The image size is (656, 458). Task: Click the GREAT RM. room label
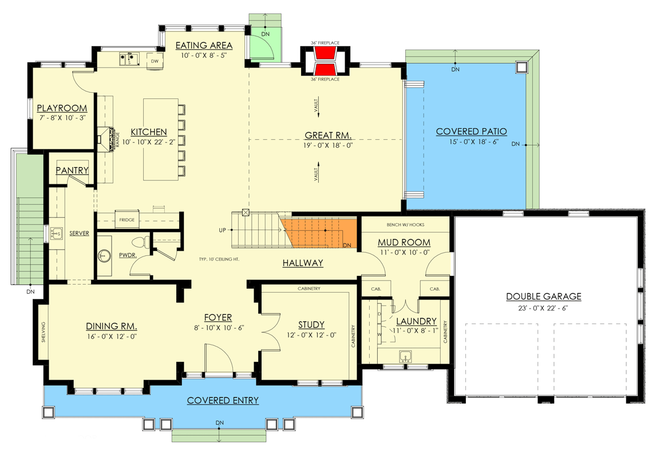click(327, 136)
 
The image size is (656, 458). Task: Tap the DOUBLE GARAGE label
click(543, 297)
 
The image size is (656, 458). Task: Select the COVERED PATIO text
click(471, 132)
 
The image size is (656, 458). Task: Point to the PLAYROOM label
click(62, 108)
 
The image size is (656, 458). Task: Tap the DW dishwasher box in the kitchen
click(154, 61)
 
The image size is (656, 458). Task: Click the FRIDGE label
click(127, 220)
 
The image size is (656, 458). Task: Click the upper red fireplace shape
click(325, 54)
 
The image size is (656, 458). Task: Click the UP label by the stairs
click(223, 230)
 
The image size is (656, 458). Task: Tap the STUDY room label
click(311, 325)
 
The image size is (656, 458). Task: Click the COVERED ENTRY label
click(223, 400)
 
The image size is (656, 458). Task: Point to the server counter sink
click(57, 234)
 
